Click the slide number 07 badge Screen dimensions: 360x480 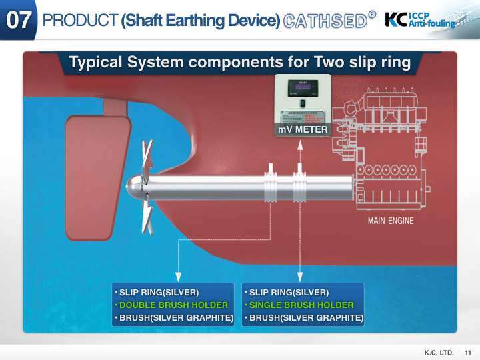(x=18, y=20)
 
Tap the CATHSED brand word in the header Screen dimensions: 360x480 (x=326, y=20)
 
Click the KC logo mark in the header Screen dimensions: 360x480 (x=397, y=19)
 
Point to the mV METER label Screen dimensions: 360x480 (x=302, y=129)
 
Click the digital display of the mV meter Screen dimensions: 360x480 (x=303, y=87)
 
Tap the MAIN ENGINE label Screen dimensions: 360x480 (x=391, y=221)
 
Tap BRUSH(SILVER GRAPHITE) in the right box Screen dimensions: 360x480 (x=306, y=317)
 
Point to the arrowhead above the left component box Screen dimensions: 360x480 (x=178, y=275)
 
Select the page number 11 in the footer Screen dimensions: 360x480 (x=468, y=352)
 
